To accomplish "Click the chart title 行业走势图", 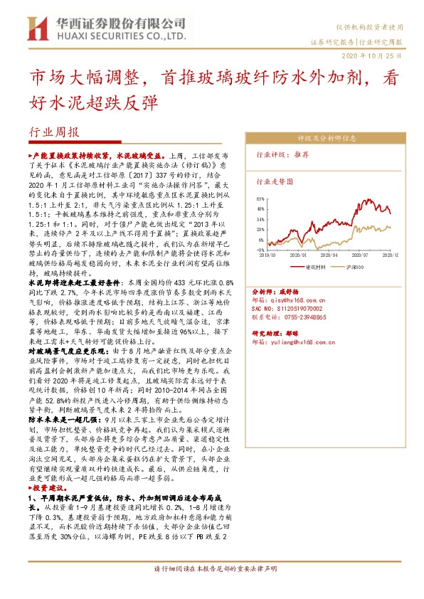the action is coord(275,182).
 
